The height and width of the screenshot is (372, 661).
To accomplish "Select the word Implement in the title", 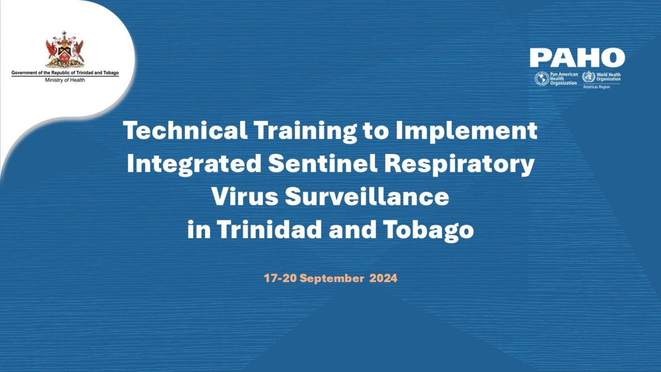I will (x=466, y=131).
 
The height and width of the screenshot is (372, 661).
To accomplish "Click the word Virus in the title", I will (x=244, y=197).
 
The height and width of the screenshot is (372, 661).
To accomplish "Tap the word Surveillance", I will (x=367, y=197).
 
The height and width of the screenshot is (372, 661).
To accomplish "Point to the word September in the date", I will (x=332, y=279).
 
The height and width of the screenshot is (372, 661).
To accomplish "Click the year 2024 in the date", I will (x=384, y=279).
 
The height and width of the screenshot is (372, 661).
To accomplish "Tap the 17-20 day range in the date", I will (x=280, y=279).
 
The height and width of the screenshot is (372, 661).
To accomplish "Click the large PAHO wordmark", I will (x=577, y=58).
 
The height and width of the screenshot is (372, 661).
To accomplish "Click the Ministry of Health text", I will (x=65, y=80).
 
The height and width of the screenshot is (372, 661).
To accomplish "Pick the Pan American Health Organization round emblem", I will (x=542, y=78).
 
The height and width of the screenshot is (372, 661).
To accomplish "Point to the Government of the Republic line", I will (x=65, y=73).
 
